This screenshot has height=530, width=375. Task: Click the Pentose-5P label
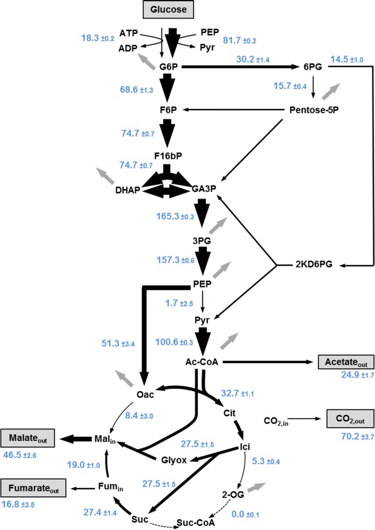click(312, 109)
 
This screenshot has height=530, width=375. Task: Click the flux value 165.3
click(171, 217)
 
